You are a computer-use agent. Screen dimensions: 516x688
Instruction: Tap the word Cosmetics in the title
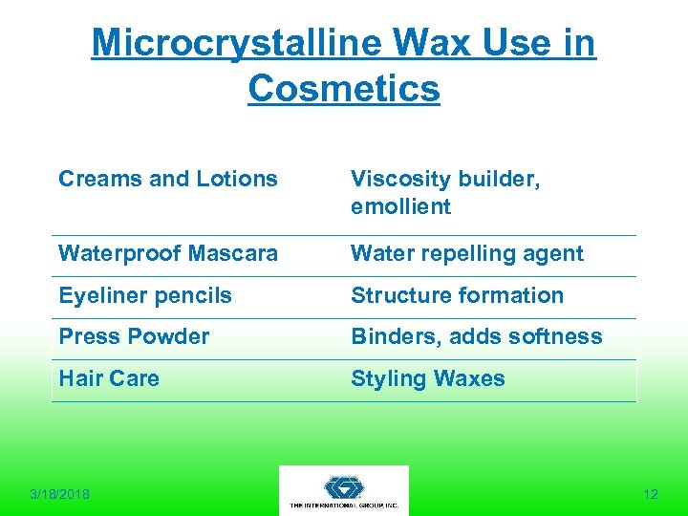tap(344, 88)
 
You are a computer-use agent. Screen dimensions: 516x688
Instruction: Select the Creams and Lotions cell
tap(168, 179)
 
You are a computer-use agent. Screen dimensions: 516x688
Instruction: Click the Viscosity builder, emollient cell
tap(445, 192)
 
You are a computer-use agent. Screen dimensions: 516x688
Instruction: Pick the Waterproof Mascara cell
tap(168, 254)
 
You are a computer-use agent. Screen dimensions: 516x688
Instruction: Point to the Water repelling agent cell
tap(466, 254)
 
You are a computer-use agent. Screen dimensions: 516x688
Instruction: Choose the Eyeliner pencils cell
tap(145, 296)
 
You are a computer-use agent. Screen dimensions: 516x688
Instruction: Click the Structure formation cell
tap(457, 296)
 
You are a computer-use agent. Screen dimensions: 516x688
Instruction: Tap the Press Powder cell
tap(134, 337)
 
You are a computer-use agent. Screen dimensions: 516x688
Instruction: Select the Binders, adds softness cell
tap(476, 337)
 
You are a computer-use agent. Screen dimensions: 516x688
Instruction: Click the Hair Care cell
tap(109, 379)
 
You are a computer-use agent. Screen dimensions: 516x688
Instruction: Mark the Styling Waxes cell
tap(427, 379)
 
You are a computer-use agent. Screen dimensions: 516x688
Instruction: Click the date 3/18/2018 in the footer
tap(59, 494)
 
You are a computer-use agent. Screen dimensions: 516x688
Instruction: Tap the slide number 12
tap(651, 494)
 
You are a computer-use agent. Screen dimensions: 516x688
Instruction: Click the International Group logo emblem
tap(344, 484)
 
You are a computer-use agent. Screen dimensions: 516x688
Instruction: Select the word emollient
tap(400, 206)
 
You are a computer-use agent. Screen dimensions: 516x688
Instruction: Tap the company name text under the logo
tap(344, 505)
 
